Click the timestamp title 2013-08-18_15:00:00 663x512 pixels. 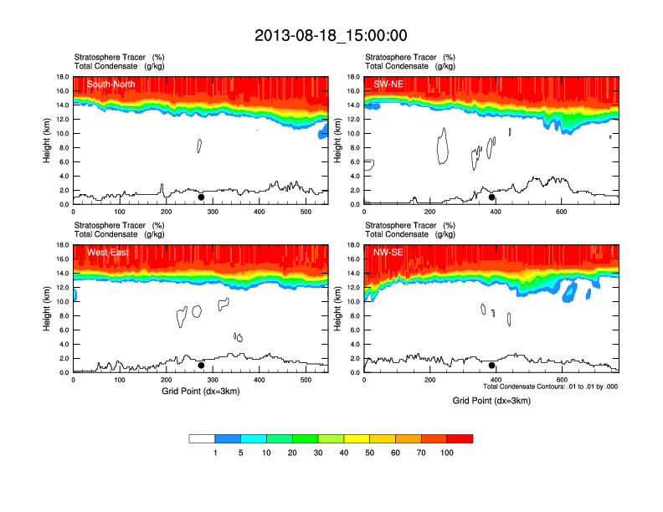pyautogui.click(x=331, y=35)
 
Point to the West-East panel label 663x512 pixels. pyautogui.click(x=107, y=252)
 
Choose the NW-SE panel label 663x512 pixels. pyautogui.click(x=388, y=252)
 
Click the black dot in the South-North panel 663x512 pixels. pyautogui.click(x=201, y=197)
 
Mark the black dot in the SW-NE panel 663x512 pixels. pyautogui.click(x=492, y=197)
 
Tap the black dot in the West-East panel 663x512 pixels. pyautogui.click(x=201, y=366)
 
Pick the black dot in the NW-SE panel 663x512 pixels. pyautogui.click(x=492, y=366)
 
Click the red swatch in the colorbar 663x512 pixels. pyautogui.click(x=460, y=438)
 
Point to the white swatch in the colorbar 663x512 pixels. pyautogui.click(x=202, y=438)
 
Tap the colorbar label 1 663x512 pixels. pyautogui.click(x=215, y=453)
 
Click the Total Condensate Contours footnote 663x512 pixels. pyautogui.click(x=550, y=387)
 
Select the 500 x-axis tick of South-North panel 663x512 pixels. pyautogui.click(x=306, y=212)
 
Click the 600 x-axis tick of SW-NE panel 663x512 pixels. pyautogui.click(x=559, y=212)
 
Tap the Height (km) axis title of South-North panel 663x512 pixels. pyautogui.click(x=48, y=141)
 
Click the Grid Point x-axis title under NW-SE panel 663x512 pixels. pyautogui.click(x=491, y=401)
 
